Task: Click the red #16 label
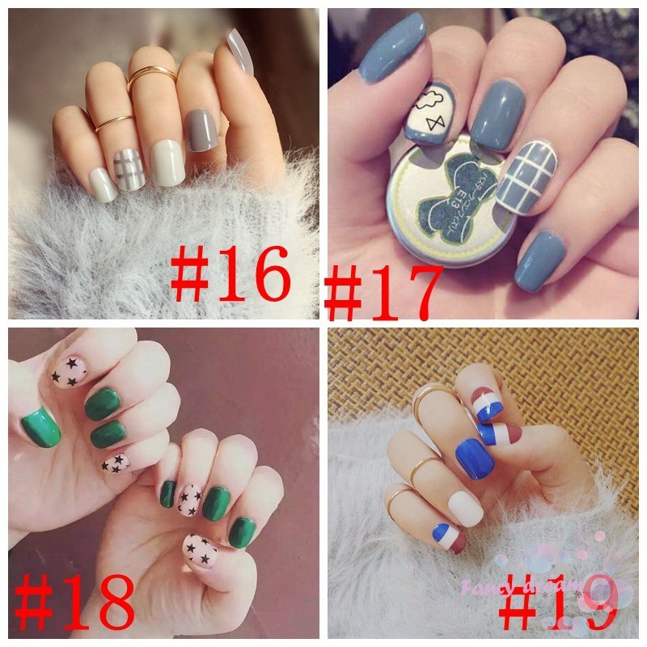tap(230, 275)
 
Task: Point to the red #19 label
tap(558, 603)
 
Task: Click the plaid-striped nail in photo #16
tap(129, 168)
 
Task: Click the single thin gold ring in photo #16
tap(113, 121)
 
